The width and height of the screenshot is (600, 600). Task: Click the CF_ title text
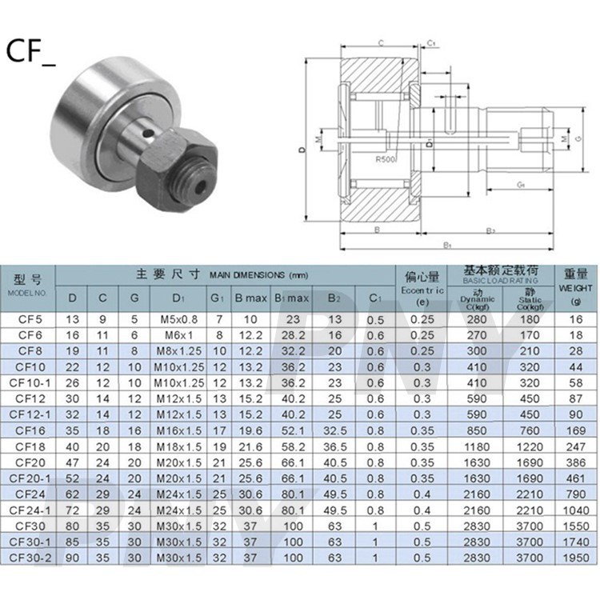click(x=30, y=52)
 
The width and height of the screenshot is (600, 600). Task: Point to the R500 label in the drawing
click(x=386, y=159)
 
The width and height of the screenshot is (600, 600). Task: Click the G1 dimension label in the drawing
click(x=520, y=185)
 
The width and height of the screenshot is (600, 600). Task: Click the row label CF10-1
click(x=29, y=382)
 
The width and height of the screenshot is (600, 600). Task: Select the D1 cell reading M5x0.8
click(x=178, y=320)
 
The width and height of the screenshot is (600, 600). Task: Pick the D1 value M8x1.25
click(x=178, y=351)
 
